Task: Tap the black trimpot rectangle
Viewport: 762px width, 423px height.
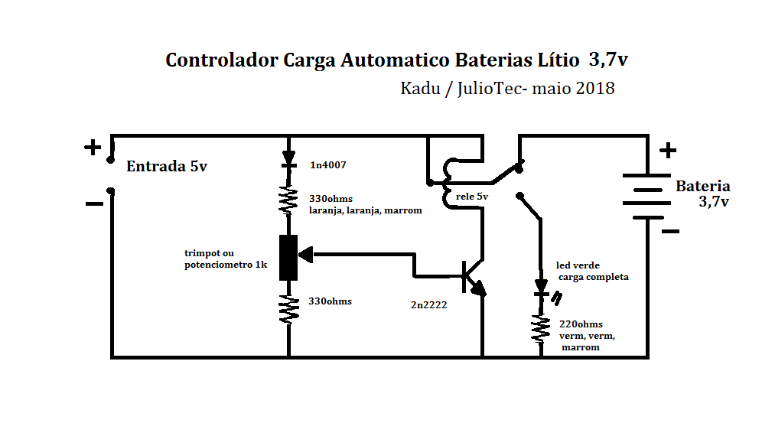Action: tap(288, 258)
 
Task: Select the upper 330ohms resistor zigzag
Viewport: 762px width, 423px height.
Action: tap(288, 200)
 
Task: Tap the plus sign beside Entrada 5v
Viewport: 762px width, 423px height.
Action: tap(93, 147)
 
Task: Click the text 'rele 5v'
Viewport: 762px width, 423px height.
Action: tap(471, 197)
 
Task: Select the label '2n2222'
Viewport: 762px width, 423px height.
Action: tap(428, 304)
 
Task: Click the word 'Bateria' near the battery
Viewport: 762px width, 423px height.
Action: tap(702, 187)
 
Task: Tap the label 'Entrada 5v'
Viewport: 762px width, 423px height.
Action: tap(166, 166)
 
